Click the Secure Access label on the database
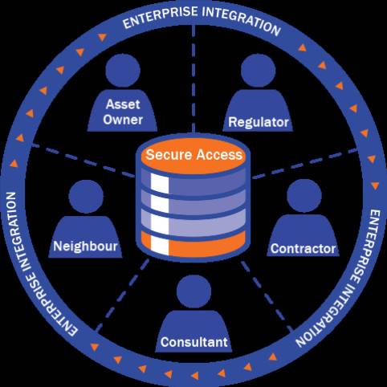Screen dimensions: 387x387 [x=194, y=155]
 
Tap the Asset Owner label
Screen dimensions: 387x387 [x=123, y=112]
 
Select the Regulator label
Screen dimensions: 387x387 [x=259, y=122]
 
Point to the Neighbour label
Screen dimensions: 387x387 [x=85, y=246]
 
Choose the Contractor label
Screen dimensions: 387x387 [x=303, y=249]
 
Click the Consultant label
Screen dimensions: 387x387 [x=194, y=342]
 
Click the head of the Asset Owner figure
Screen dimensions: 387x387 [x=123, y=71]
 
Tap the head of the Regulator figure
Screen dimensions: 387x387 [x=258, y=71]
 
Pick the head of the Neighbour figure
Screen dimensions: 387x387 [x=86, y=197]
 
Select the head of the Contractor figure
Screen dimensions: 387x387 [x=304, y=196]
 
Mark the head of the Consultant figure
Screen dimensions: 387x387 [x=194, y=291]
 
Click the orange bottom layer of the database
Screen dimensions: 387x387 [x=193, y=243]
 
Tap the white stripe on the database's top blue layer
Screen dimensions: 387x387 [x=160, y=183]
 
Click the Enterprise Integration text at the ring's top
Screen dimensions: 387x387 [x=202, y=19]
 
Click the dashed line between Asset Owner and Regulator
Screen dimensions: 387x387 [x=193, y=79]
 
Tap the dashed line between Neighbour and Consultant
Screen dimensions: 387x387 [x=123, y=295]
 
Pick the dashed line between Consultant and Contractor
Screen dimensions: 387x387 [x=267, y=296]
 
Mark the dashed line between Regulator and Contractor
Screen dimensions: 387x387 [x=305, y=163]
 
